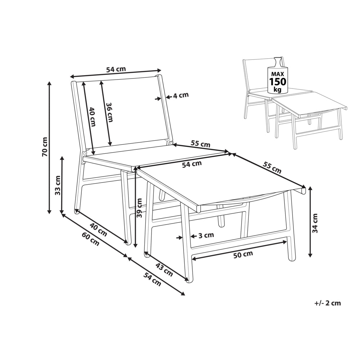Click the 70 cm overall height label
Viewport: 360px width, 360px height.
point(45,147)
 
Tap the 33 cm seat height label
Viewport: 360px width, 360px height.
point(58,185)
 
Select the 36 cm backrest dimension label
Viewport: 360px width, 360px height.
point(109,112)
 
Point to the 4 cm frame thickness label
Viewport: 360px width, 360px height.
point(181,95)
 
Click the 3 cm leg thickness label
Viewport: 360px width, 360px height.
point(206,235)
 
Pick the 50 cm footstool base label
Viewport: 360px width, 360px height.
point(243,255)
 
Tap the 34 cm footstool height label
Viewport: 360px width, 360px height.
point(315,223)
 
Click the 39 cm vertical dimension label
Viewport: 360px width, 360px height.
point(139,208)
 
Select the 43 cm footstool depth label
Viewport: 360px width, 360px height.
point(164,270)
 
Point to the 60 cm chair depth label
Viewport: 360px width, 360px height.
point(91,239)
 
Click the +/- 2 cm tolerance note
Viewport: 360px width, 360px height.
point(328,303)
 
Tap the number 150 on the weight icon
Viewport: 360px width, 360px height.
point(278,81)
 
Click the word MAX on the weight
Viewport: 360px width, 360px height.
point(278,74)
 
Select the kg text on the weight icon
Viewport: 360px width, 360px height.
point(278,89)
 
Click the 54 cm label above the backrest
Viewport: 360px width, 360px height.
point(116,69)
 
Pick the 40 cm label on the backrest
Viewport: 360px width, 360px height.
point(92,117)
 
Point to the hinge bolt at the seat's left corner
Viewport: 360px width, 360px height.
point(84,153)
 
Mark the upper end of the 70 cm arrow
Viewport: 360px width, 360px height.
point(49,82)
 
